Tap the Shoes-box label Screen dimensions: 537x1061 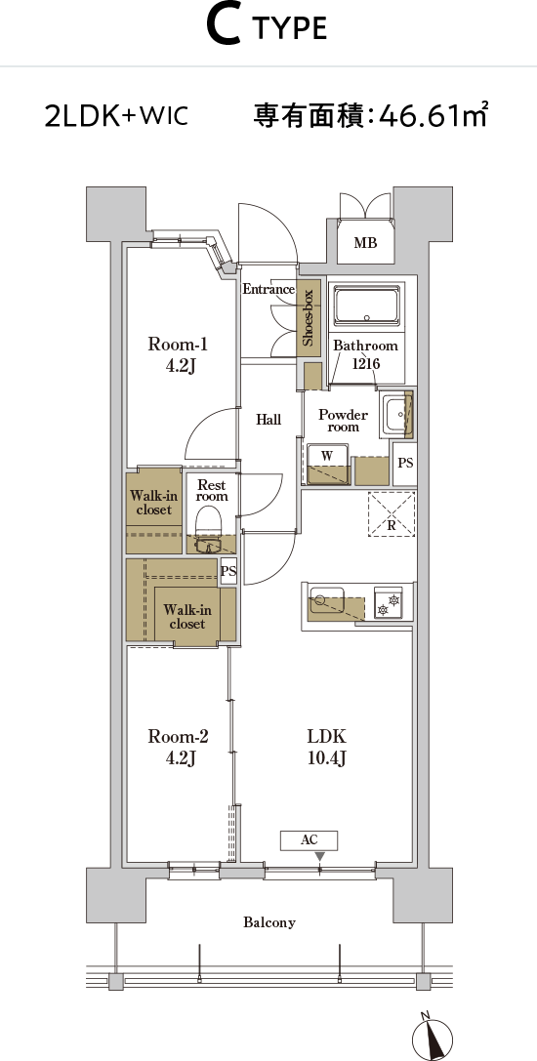coord(308,318)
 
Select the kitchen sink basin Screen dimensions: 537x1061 coord(327,599)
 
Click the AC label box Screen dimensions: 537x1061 coord(309,840)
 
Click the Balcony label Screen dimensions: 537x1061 coord(269,922)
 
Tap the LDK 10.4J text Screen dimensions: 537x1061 coord(327,747)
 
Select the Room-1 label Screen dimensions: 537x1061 coord(178,355)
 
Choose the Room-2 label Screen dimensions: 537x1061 coord(178,747)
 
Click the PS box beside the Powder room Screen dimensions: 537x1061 coord(405,463)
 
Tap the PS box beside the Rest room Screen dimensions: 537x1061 coord(228,572)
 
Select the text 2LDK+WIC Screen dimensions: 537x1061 coord(116,116)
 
